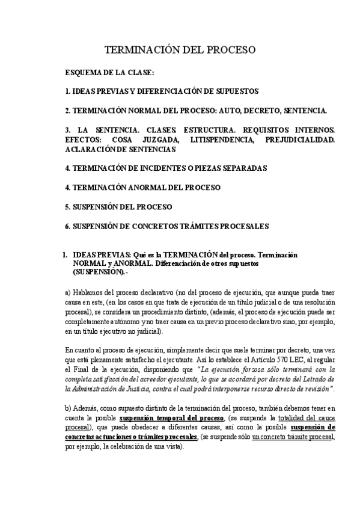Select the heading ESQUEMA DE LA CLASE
pos(109,73)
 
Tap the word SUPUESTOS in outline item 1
pos(237,91)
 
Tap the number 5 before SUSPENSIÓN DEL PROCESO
pos(67,207)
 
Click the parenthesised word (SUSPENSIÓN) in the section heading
pos(98,272)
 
